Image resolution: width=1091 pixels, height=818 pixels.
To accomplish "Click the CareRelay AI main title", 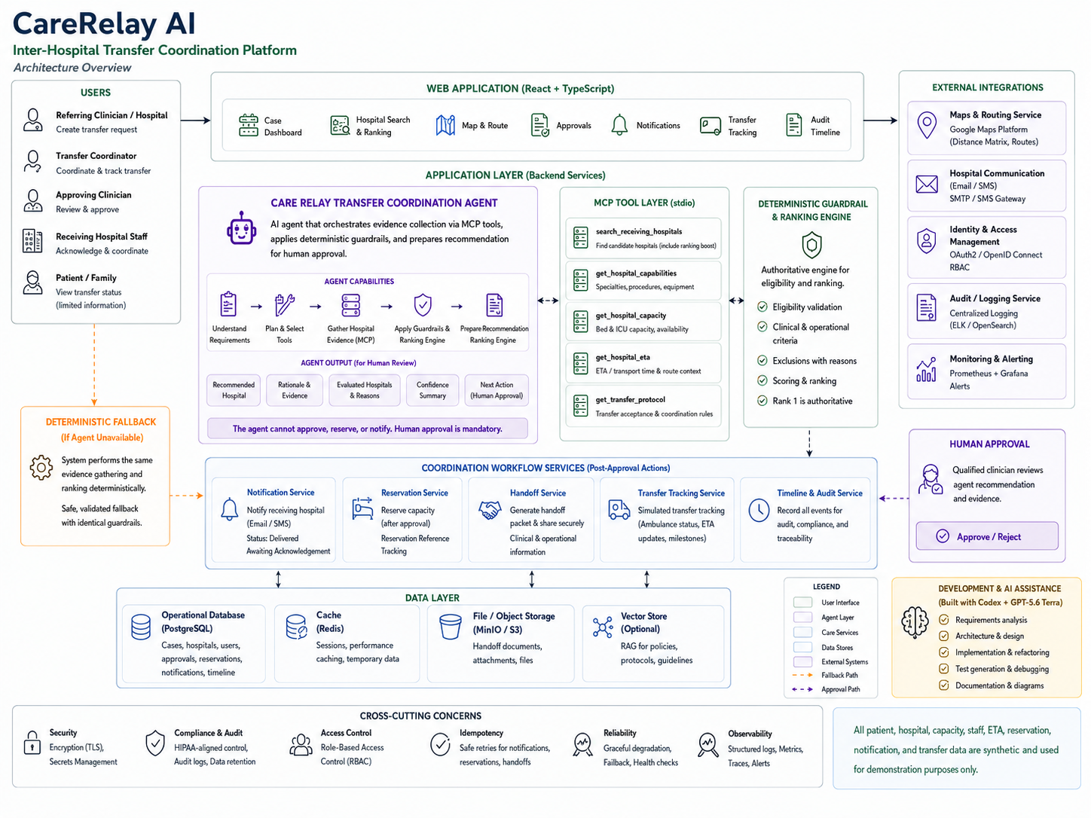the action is click(x=104, y=24).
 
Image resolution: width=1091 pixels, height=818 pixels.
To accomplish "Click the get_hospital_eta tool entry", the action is click(x=643, y=364).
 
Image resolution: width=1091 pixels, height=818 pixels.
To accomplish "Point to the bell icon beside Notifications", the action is click(x=619, y=125).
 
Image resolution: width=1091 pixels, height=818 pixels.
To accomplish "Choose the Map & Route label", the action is click(x=484, y=126).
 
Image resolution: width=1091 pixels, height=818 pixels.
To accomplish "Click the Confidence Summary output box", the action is click(x=432, y=390).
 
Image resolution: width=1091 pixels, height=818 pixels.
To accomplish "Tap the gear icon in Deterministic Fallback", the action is click(x=41, y=467).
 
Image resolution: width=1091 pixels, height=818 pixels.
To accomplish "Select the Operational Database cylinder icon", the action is click(x=141, y=627).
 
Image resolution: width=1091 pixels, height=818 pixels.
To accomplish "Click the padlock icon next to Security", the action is click(x=32, y=743).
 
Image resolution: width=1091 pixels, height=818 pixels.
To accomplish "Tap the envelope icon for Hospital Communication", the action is click(x=927, y=185).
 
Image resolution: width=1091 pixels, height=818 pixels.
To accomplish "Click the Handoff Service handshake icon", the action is click(x=490, y=510).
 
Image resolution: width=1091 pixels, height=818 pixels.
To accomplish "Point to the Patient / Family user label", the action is click(x=86, y=278).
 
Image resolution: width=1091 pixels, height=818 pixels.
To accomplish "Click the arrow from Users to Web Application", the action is click(x=195, y=121).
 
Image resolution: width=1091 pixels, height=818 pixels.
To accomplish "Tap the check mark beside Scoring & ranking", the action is click(x=762, y=380).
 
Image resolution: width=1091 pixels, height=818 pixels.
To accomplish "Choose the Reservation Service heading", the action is click(x=414, y=493).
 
